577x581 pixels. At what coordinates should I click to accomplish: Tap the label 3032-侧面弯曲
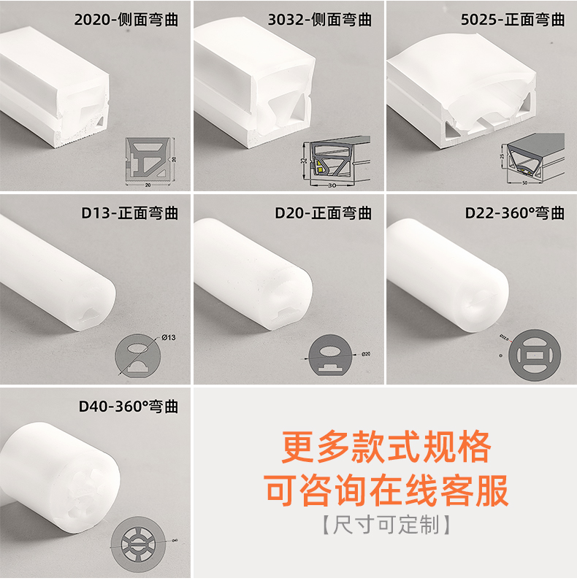coord(321,20)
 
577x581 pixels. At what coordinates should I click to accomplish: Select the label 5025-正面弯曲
coord(513,20)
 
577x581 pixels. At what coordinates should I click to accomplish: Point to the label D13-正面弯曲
coord(129,213)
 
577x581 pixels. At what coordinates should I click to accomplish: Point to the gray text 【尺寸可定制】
coord(386,525)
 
